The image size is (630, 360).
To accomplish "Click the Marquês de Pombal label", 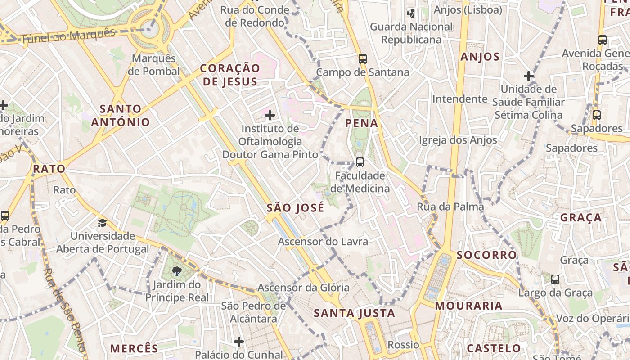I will (x=153, y=65).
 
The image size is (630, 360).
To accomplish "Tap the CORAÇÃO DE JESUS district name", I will (x=230, y=75).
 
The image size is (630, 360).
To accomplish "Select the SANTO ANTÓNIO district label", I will (x=121, y=115).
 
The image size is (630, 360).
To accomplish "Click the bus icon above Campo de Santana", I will (x=363, y=58).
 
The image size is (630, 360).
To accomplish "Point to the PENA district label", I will (x=361, y=123).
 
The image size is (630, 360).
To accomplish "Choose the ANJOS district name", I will (x=480, y=57).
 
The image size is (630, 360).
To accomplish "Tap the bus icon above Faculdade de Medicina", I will (x=360, y=162).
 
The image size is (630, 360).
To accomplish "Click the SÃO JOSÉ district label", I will (x=295, y=207).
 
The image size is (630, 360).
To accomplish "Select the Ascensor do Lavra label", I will (x=323, y=242).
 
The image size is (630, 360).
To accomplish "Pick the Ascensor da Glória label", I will (x=303, y=288).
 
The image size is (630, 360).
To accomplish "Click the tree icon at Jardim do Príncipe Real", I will (x=177, y=271).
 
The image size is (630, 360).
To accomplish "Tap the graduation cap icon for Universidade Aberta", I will (x=103, y=223).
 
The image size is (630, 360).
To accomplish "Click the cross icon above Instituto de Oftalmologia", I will (x=270, y=115).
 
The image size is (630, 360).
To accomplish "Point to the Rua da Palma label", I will (x=450, y=207).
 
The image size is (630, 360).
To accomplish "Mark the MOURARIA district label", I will (x=468, y=306).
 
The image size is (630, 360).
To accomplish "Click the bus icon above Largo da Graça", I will (x=555, y=279).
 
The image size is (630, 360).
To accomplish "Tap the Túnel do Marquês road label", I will (x=68, y=36).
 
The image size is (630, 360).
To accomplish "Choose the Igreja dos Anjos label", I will (x=458, y=140).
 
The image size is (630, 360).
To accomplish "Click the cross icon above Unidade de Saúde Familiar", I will (x=529, y=76).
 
